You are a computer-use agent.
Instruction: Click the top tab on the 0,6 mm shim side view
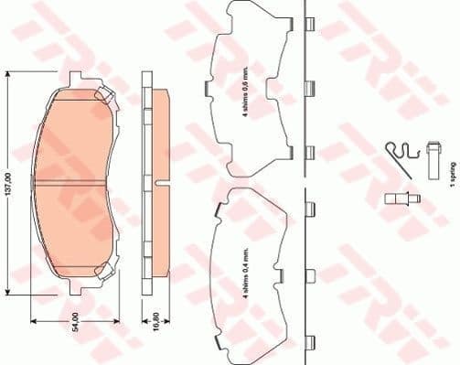click(x=309, y=26)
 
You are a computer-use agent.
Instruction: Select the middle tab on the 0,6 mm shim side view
click(x=309, y=89)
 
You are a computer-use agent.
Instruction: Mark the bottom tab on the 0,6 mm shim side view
click(x=309, y=152)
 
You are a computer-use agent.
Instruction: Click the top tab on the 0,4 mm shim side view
click(x=309, y=208)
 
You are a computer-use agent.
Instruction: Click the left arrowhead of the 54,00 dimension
click(x=35, y=321)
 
